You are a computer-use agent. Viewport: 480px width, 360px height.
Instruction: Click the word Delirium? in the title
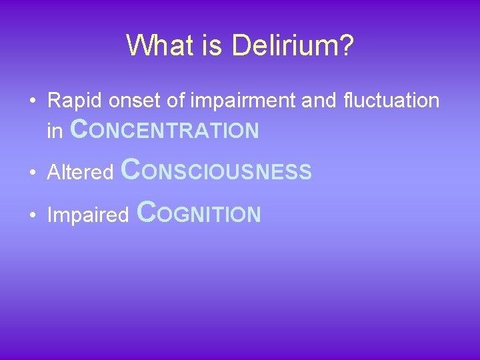point(293,47)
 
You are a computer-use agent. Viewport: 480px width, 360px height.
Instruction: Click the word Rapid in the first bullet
point(70,101)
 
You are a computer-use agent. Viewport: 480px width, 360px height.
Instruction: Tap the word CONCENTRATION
point(164,130)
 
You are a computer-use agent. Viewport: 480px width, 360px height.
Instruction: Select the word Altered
point(81,173)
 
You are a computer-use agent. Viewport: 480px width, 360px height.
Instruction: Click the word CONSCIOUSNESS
point(217,171)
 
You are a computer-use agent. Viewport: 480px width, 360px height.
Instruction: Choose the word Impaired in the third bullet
point(87,215)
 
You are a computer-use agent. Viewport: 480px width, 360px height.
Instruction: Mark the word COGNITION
point(198,213)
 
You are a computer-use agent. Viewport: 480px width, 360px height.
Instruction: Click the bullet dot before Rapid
point(32,101)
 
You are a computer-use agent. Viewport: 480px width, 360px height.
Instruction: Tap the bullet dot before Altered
point(32,173)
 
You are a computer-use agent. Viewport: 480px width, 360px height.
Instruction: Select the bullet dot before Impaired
point(32,215)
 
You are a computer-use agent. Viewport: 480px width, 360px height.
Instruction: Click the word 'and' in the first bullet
point(319,101)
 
